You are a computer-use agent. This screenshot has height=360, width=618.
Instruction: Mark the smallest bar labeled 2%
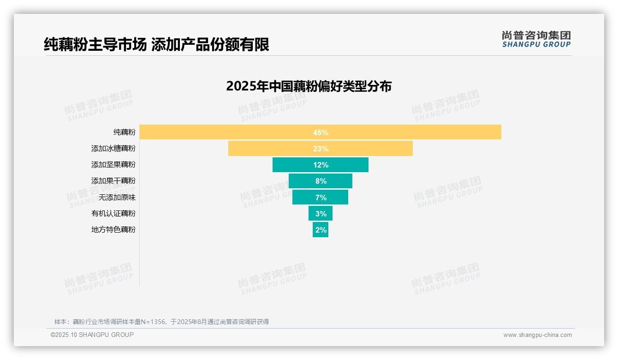[320, 229]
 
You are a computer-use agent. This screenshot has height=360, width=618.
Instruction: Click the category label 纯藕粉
[125, 132]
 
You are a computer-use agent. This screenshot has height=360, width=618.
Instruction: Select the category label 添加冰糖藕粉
[113, 149]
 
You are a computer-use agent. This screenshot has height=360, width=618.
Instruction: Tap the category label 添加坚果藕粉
[113, 165]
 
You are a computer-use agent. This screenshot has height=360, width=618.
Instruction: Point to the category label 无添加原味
[117, 197]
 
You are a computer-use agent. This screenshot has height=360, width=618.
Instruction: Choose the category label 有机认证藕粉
[113, 213]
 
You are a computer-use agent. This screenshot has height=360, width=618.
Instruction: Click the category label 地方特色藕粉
[113, 229]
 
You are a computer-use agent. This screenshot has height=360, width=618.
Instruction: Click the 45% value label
[321, 132]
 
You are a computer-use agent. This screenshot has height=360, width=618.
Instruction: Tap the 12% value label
[321, 165]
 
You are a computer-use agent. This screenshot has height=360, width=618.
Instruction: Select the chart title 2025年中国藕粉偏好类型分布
[309, 86]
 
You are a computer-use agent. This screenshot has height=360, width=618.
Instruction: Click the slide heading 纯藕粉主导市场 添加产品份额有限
[156, 44]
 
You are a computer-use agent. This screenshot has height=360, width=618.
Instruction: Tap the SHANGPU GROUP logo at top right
[536, 39]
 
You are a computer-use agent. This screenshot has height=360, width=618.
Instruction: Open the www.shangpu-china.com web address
[537, 335]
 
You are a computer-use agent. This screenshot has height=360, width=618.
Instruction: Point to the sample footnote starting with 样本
[161, 322]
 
